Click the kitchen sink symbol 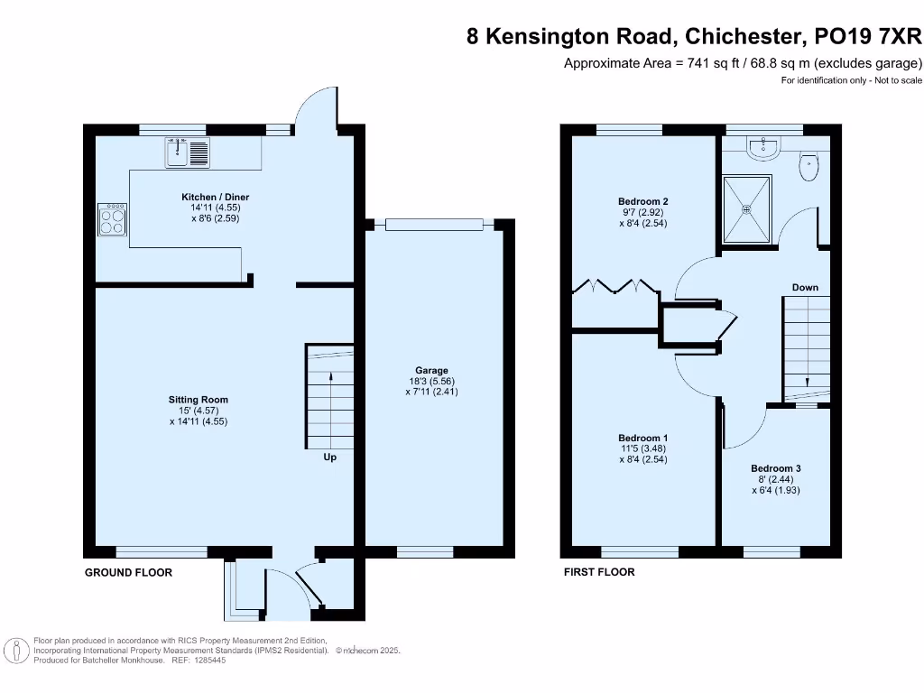click(188, 152)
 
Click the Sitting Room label click(198, 399)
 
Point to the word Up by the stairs click(330, 457)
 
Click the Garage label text click(431, 370)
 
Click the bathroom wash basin click(764, 146)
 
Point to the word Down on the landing click(805, 288)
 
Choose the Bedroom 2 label click(642, 200)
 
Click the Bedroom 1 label click(642, 438)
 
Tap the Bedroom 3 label click(775, 468)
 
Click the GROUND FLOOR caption click(128, 573)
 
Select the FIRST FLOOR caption click(599, 573)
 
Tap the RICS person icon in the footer click(16, 650)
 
